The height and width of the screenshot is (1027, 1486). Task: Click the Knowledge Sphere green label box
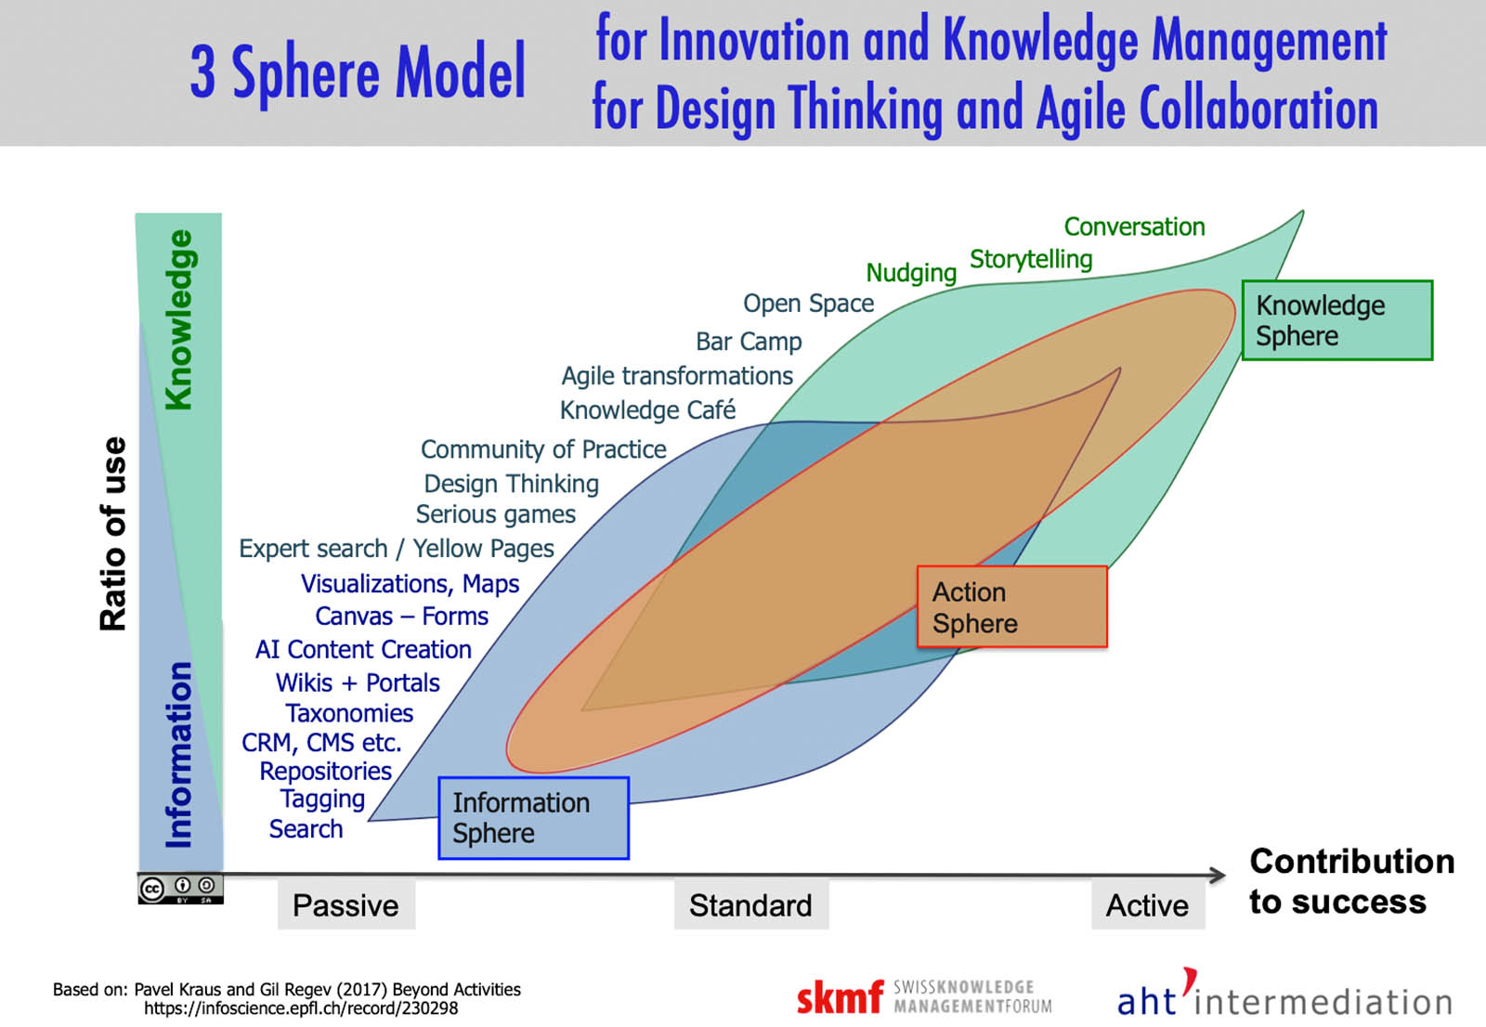[1336, 320]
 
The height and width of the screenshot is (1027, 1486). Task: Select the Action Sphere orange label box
[1011, 606]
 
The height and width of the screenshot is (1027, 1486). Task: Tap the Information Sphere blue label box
[533, 817]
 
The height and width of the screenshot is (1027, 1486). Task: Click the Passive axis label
[346, 905]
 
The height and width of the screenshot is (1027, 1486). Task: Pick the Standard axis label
[751, 905]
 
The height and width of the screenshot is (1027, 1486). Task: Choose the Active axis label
[1148, 905]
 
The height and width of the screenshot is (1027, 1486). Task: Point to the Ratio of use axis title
[112, 533]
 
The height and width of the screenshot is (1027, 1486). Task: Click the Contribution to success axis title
[1351, 881]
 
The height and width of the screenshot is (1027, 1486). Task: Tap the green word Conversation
[1134, 227]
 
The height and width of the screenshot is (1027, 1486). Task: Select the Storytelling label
[1031, 259]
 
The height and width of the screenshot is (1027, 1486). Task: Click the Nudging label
[911, 273]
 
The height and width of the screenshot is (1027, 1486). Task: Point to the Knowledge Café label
[647, 410]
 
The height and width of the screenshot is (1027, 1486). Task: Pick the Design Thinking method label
[511, 484]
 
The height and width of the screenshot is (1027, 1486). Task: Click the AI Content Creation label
[363, 649]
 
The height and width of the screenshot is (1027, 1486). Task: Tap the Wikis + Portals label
[358, 682]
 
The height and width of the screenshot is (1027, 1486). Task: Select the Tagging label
[322, 799]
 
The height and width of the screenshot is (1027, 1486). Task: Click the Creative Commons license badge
[180, 889]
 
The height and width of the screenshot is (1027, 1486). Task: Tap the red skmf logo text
[841, 997]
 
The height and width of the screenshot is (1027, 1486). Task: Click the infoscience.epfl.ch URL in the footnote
[301, 1008]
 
